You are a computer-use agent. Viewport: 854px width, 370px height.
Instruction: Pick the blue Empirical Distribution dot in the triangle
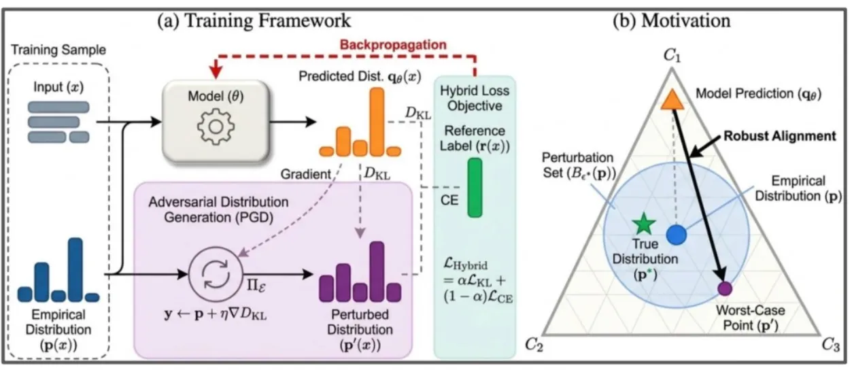pyautogui.click(x=675, y=235)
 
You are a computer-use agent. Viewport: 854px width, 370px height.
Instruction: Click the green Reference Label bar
pyautogui.click(x=474, y=187)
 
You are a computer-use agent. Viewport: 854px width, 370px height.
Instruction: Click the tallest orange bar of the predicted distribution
pyautogui.click(x=375, y=121)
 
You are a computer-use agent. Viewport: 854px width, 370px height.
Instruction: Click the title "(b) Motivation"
pyautogui.click(x=672, y=19)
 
